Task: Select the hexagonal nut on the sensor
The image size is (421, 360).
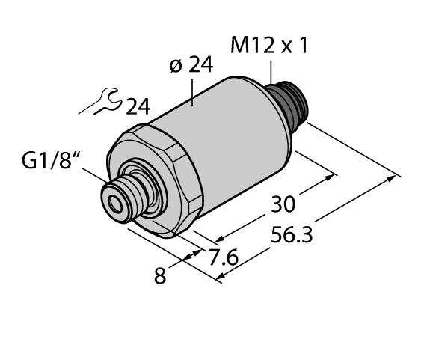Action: (176, 180)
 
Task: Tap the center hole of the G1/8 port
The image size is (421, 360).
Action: (115, 201)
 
